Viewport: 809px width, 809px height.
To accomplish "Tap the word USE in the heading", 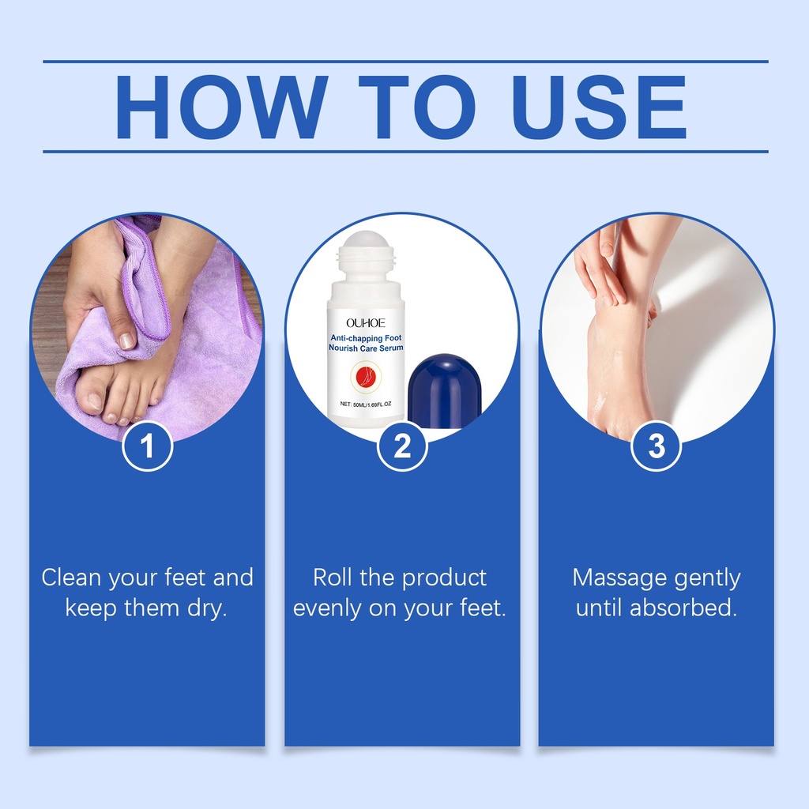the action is tap(599, 107).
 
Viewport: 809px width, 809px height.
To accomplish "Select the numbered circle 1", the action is tap(147, 446).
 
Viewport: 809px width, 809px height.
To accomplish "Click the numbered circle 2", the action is tap(402, 446).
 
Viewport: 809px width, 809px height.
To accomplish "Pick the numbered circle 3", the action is tap(657, 446).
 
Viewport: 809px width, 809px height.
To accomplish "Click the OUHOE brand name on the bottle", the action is tap(366, 323).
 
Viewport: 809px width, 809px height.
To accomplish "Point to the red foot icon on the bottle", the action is tap(365, 377).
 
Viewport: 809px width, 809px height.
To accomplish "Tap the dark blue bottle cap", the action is tap(444, 390).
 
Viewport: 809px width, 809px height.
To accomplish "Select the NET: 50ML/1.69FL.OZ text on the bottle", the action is tap(366, 404).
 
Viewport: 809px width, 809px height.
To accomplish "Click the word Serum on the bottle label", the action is tap(390, 348).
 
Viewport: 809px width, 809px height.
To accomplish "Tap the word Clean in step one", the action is tap(71, 578).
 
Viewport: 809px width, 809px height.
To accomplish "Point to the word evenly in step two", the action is tap(326, 608).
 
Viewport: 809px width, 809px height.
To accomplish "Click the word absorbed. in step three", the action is tap(683, 608).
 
